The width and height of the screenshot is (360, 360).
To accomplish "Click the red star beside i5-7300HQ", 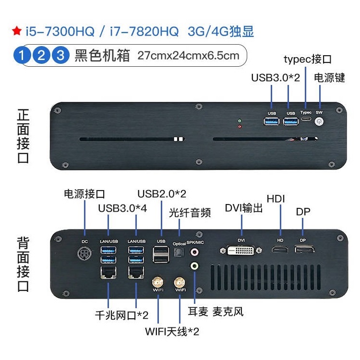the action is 17,31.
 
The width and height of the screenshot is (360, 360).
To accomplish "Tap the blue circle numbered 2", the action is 41,55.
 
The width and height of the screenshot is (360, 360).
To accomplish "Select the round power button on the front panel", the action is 319,121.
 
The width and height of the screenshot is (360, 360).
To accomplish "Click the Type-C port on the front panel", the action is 306,119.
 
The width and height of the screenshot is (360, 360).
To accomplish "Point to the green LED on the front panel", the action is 240,120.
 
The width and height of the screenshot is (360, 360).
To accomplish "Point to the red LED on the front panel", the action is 240,126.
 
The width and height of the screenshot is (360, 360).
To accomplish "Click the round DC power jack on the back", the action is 84,253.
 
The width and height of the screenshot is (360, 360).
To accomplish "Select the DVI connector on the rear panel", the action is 240,250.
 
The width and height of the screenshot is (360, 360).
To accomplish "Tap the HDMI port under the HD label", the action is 280,249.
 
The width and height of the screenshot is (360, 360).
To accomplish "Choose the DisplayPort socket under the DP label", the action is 304,249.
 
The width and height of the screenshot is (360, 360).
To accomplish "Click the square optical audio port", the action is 178,253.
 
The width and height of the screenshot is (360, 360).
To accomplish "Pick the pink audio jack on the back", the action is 194,252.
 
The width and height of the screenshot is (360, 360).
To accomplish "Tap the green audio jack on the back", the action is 194,266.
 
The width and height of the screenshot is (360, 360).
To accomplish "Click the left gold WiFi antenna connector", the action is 158,282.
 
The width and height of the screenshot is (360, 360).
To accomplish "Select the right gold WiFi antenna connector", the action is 180,282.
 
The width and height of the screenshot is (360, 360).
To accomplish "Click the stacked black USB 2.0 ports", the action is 161,254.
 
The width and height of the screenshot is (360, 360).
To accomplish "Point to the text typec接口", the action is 308,60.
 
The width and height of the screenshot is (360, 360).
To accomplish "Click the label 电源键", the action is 329,78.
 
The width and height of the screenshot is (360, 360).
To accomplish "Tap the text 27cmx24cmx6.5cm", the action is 188,56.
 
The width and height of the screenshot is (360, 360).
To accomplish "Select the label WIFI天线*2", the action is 172,332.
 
